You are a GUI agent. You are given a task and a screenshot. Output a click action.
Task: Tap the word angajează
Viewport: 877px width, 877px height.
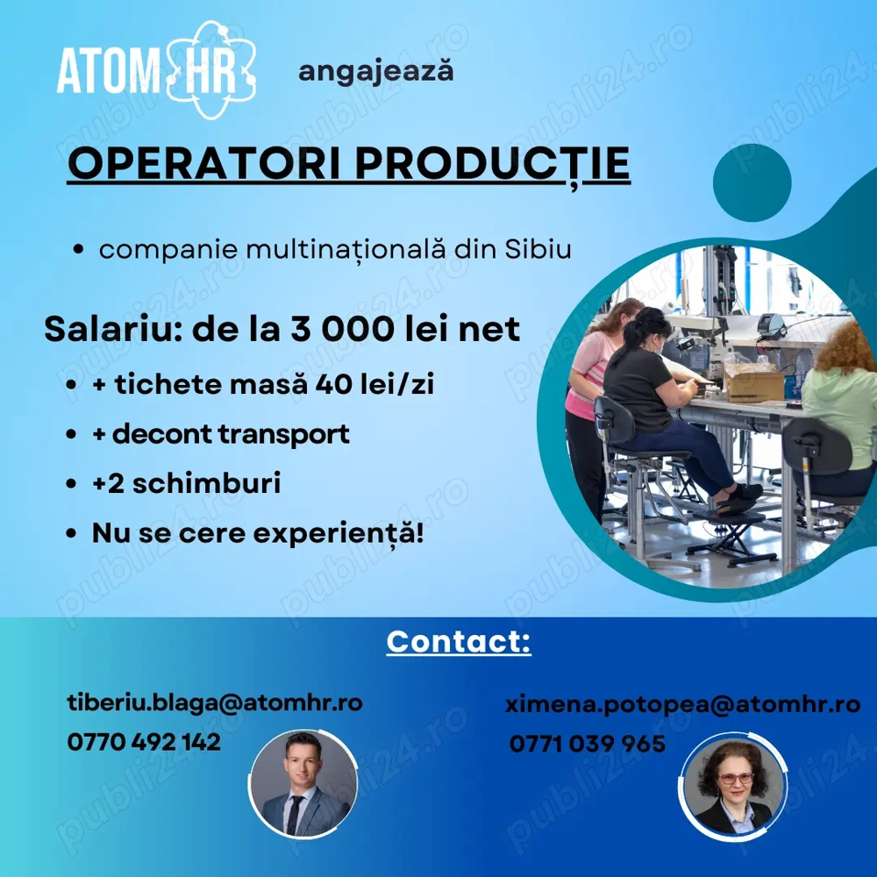(375, 71)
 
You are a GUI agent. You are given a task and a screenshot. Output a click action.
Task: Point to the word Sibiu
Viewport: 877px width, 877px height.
(538, 249)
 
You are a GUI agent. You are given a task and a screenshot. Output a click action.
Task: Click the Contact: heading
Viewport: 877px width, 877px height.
(459, 641)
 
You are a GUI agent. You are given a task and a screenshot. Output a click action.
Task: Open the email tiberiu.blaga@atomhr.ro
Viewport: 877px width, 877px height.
(215, 702)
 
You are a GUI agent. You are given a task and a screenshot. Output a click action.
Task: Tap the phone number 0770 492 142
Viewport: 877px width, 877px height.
(144, 742)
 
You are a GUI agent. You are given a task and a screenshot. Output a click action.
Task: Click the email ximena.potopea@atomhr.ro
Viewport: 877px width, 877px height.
(681, 703)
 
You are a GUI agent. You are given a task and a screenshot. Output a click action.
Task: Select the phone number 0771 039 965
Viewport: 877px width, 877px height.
(587, 744)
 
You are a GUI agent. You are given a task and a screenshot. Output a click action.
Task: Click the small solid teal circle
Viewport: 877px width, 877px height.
(752, 182)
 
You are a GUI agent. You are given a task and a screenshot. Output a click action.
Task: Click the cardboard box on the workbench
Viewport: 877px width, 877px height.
(755, 385)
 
